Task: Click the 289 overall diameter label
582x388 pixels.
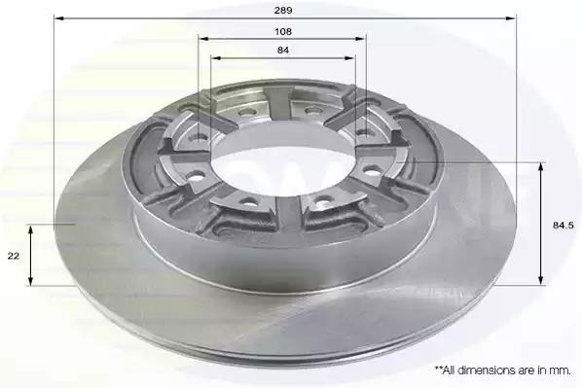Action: pyautogui.click(x=283, y=11)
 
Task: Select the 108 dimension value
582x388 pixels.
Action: pyautogui.click(x=283, y=31)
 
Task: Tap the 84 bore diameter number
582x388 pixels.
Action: pyautogui.click(x=283, y=50)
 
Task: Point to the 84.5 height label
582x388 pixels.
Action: pyautogui.click(x=564, y=226)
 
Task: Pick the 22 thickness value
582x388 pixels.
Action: pyautogui.click(x=14, y=256)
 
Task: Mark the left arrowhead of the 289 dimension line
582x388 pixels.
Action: pyautogui.click(x=58, y=18)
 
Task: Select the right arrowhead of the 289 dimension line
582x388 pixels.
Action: pyautogui.click(x=512, y=18)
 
